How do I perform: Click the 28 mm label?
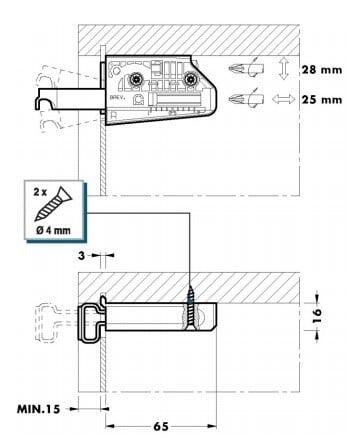(x=322, y=70)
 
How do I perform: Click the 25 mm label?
(x=322, y=100)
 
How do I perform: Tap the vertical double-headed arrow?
(x=283, y=68)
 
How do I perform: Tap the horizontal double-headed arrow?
(x=283, y=99)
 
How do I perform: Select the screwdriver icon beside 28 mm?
(x=246, y=69)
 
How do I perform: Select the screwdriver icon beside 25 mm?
(x=246, y=99)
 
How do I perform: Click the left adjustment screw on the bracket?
(x=136, y=79)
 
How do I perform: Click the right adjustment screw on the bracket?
(x=190, y=79)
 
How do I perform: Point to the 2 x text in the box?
(x=40, y=192)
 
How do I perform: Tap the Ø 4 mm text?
(x=54, y=230)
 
